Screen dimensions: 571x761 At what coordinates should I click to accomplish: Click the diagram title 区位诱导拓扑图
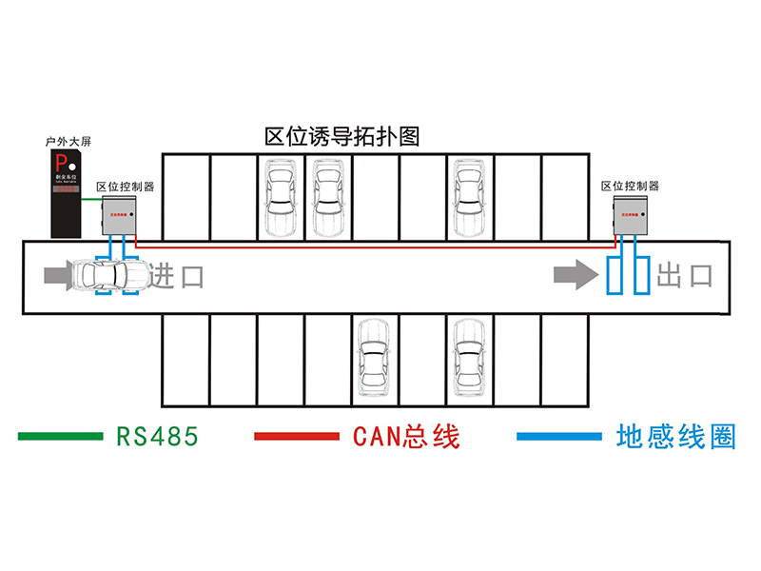click(341, 136)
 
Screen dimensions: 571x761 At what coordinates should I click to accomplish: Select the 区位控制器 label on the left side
click(126, 186)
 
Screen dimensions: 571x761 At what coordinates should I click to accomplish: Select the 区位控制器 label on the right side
click(630, 186)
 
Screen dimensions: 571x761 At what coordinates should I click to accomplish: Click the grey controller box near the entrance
click(119, 215)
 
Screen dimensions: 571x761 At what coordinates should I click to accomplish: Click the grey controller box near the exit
click(634, 215)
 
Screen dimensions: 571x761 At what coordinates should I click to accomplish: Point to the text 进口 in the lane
click(177, 277)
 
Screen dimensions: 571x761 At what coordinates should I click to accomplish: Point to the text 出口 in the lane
click(685, 277)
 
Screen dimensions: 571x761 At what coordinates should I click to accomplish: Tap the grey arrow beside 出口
click(572, 276)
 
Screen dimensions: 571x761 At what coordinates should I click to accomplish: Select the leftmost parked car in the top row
click(280, 197)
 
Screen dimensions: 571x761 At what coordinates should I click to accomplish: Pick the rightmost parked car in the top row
click(469, 197)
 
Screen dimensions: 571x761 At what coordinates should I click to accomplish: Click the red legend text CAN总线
click(406, 436)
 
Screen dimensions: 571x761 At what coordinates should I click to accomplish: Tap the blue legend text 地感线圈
click(676, 436)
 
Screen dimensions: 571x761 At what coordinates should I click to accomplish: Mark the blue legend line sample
click(559, 436)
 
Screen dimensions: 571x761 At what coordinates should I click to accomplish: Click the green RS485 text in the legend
click(157, 436)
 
